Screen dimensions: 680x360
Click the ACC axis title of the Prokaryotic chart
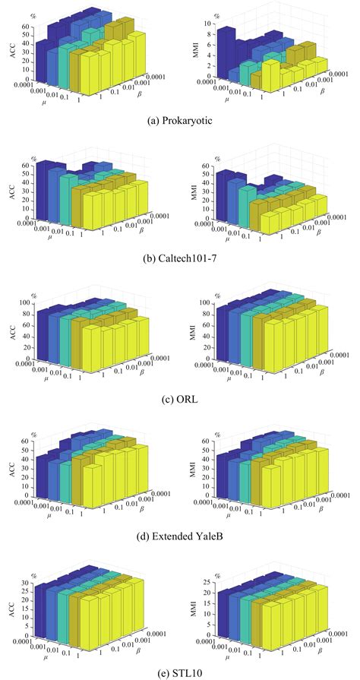pyautogui.click(x=8, y=52)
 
